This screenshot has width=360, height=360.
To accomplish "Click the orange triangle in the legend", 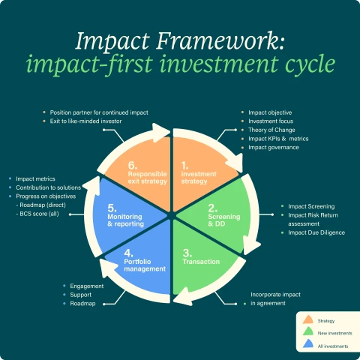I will (307, 319).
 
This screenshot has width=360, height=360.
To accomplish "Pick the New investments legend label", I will (331, 332).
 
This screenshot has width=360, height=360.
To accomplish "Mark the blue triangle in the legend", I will (307, 345).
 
